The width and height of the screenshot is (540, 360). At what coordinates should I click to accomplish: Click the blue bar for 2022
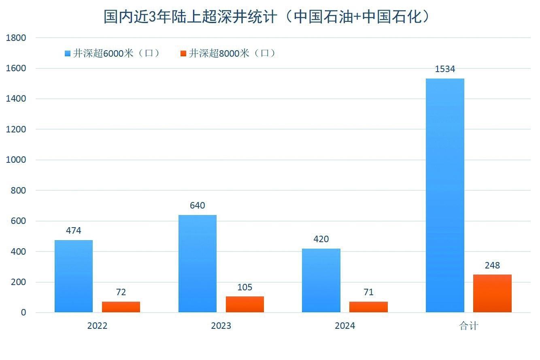point(74,276)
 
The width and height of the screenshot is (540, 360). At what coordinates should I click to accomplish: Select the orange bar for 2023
point(244,305)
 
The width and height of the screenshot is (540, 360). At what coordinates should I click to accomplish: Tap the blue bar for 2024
point(321,280)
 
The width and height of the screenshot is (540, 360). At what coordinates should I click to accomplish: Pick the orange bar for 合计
point(492,294)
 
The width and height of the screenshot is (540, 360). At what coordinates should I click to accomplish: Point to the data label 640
point(198,205)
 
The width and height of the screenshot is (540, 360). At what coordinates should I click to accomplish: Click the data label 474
point(74,231)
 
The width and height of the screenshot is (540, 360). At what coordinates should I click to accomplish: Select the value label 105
point(244,288)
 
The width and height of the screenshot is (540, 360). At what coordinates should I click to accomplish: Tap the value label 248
point(492,266)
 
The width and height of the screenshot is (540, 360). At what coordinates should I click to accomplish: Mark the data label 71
point(368,292)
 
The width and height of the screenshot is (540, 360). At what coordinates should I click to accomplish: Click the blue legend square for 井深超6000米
point(68,53)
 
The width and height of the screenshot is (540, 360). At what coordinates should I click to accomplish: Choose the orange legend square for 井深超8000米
point(183,53)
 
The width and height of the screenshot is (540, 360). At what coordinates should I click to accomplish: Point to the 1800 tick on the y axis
point(16,38)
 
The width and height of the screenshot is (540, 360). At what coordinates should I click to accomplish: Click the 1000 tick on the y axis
point(16,160)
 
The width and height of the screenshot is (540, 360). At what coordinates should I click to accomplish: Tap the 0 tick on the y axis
point(23,313)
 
